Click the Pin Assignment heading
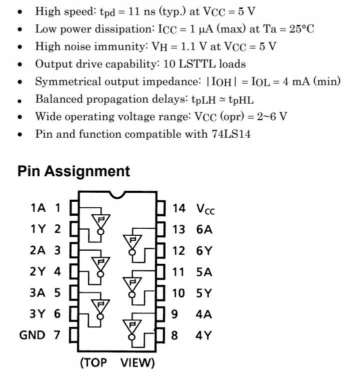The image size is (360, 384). tap(73, 171)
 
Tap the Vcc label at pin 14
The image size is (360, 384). tap(205, 208)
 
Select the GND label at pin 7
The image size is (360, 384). tap(32, 335)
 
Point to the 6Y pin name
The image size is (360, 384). tap(204, 251)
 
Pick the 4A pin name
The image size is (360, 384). tap(204, 314)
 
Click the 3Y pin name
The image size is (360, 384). tap(38, 314)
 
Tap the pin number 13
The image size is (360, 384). tap(178, 229)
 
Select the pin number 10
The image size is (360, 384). tap(178, 293)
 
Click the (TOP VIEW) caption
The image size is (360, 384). tap(117, 362)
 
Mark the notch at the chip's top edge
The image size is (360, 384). tap(118, 194)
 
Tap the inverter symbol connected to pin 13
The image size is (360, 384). tap(132, 243)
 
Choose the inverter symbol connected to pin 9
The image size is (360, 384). tap(132, 328)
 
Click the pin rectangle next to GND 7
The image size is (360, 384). tap(73, 335)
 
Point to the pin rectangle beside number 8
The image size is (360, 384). tap(161, 335)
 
